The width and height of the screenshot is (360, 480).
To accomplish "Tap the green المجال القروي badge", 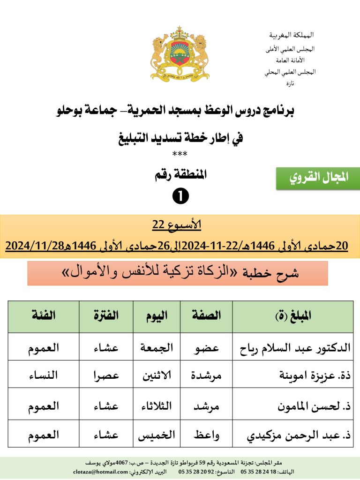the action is (318, 178).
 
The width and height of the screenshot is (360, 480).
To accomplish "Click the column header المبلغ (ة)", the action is (293, 316).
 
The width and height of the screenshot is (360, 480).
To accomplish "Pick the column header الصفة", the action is (206, 316).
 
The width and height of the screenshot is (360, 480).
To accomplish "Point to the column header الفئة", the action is (43, 316).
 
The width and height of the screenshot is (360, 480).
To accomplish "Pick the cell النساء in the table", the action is (43, 375).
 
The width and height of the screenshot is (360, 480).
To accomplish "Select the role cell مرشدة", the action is (206, 375).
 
